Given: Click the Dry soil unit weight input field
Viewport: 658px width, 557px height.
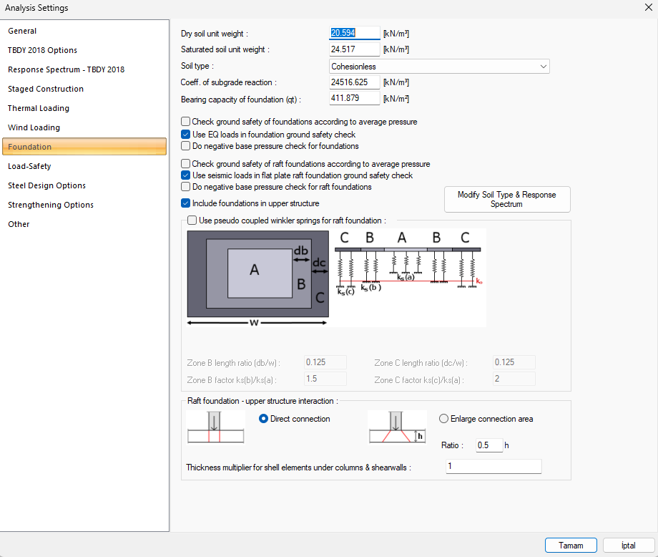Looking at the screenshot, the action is click(x=354, y=33).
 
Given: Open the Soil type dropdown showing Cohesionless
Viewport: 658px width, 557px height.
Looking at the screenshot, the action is click(x=439, y=67).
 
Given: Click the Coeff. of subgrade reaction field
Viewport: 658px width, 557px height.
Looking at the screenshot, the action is click(x=354, y=82).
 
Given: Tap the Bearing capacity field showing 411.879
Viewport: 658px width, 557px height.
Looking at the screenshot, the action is click(x=354, y=98).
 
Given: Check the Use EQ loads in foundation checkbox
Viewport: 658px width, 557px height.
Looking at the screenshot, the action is click(x=185, y=135).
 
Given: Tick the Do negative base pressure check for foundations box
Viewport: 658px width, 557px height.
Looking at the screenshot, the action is click(x=185, y=146).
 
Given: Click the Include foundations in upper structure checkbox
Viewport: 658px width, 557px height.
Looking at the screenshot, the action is click(x=185, y=203).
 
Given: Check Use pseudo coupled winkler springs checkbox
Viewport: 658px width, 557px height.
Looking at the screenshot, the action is click(x=192, y=221).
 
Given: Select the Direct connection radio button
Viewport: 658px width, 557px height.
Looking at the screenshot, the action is click(x=263, y=419).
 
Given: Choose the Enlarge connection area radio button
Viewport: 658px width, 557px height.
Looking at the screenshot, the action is click(x=443, y=419).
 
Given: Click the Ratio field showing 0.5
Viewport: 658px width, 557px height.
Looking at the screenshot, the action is click(x=489, y=445).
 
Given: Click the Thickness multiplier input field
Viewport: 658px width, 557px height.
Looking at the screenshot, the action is click(x=493, y=466).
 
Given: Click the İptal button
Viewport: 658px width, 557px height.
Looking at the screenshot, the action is click(x=628, y=546).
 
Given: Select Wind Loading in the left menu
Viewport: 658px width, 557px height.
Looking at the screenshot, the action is click(x=34, y=127).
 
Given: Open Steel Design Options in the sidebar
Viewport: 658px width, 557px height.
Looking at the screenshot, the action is click(x=46, y=185).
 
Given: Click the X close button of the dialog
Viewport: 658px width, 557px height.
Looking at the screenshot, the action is click(x=649, y=8).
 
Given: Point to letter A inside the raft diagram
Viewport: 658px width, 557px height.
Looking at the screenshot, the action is click(x=255, y=270).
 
